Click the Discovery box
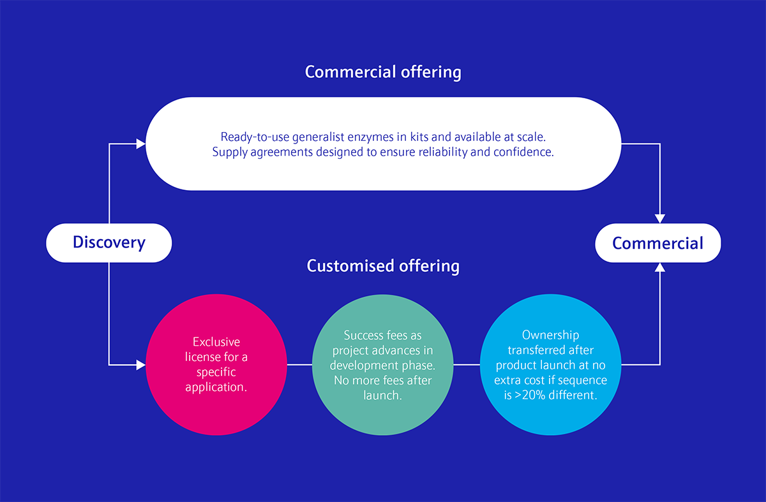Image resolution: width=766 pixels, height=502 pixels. pos(109,242)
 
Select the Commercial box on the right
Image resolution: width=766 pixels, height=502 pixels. pos(657,242)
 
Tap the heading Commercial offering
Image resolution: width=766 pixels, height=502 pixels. pos(383,72)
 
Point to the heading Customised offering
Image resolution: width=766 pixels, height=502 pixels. pos(383,265)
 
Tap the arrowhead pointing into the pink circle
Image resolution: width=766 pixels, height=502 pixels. pos(142,365)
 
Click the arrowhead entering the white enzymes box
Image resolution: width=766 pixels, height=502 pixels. pos(142,144)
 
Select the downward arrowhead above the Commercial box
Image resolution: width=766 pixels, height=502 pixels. pos(660,218)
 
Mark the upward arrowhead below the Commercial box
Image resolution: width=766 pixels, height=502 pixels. pos(660,267)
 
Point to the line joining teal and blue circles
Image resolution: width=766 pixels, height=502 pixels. pos(466,365)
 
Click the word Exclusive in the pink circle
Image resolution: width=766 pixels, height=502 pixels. pos(216,343)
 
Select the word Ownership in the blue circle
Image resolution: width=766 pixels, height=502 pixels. pos(550,335)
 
